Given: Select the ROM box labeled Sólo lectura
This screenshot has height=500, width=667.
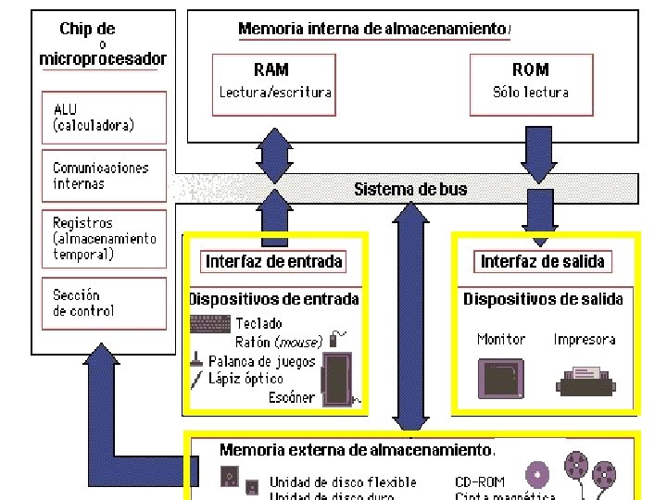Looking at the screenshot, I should tap(530, 83).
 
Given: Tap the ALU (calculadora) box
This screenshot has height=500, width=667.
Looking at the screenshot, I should tap(104, 117).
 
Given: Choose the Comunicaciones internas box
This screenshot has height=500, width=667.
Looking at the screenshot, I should tap(104, 176).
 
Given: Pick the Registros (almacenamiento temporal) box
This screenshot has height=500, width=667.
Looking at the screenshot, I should tap(104, 239).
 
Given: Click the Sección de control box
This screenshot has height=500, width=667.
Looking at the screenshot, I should tap(104, 303).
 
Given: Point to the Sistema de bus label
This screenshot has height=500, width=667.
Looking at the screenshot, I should tap(410, 189).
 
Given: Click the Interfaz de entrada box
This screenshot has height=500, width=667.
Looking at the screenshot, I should tap(274, 261).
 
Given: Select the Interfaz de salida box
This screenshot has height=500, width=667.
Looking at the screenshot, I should tap(542, 261).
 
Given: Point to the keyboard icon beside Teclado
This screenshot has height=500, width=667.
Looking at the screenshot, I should tap(209, 324).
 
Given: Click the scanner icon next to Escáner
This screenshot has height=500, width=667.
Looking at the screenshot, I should tap(335, 380).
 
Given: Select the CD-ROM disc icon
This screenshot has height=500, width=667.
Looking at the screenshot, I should tap(535, 476).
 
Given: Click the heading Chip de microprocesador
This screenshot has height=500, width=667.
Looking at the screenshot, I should tap(102, 44).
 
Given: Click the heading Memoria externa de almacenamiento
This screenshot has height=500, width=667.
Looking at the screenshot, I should tap(356, 450).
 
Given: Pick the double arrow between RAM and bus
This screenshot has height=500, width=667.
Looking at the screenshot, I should tap(274, 156).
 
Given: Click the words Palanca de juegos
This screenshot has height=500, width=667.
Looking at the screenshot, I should tap(261, 361).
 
